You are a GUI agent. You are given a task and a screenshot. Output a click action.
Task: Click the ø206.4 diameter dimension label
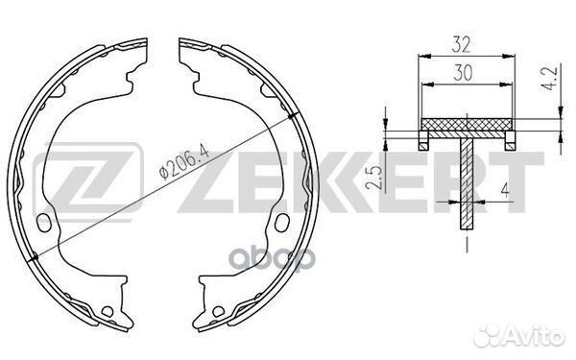coord(184,161)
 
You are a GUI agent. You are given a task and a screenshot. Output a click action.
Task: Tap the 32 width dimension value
coord(461,44)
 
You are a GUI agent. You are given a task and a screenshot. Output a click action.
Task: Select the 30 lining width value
coord(463,72)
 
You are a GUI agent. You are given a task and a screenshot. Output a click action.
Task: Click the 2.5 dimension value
coord(372,179)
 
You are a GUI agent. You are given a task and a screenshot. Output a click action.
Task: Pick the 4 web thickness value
coord(506,191)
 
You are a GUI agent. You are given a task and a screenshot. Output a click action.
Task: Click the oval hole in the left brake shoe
coord(44,224)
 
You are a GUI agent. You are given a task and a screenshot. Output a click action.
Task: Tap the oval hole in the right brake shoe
coord(282,223)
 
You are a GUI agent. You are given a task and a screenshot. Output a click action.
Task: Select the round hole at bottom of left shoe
coord(108,312)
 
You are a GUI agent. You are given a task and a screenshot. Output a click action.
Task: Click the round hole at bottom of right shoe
coord(218,312)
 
